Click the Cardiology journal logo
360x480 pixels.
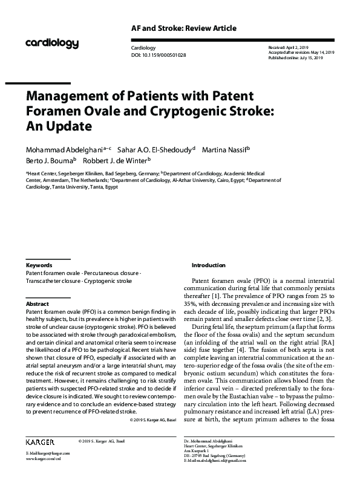52,43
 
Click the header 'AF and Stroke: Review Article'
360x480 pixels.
183,28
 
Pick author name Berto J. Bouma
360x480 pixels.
50,161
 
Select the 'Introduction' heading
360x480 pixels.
208,265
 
